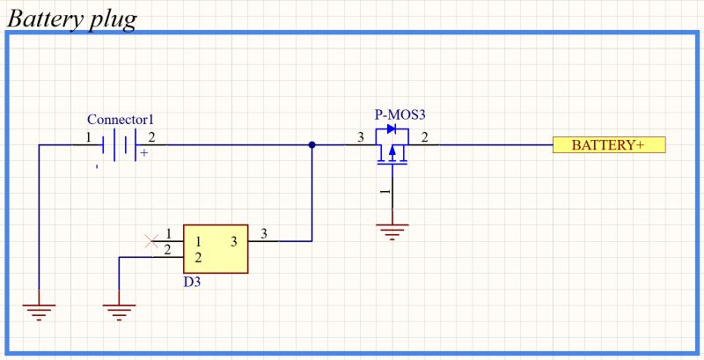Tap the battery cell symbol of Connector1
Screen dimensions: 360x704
pyautogui.click(x=121, y=144)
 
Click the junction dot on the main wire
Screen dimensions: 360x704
pyautogui.click(x=312, y=145)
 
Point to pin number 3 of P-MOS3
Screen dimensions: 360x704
pyautogui.click(x=360, y=137)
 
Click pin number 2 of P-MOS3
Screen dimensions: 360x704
pyautogui.click(x=425, y=137)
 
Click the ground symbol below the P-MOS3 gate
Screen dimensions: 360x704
pyautogui.click(x=392, y=231)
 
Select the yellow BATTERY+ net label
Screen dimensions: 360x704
pyautogui.click(x=608, y=145)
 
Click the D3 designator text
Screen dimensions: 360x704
pyautogui.click(x=193, y=283)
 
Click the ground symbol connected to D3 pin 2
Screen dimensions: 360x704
pyautogui.click(x=119, y=310)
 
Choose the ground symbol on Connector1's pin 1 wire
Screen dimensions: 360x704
pyautogui.click(x=40, y=310)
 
